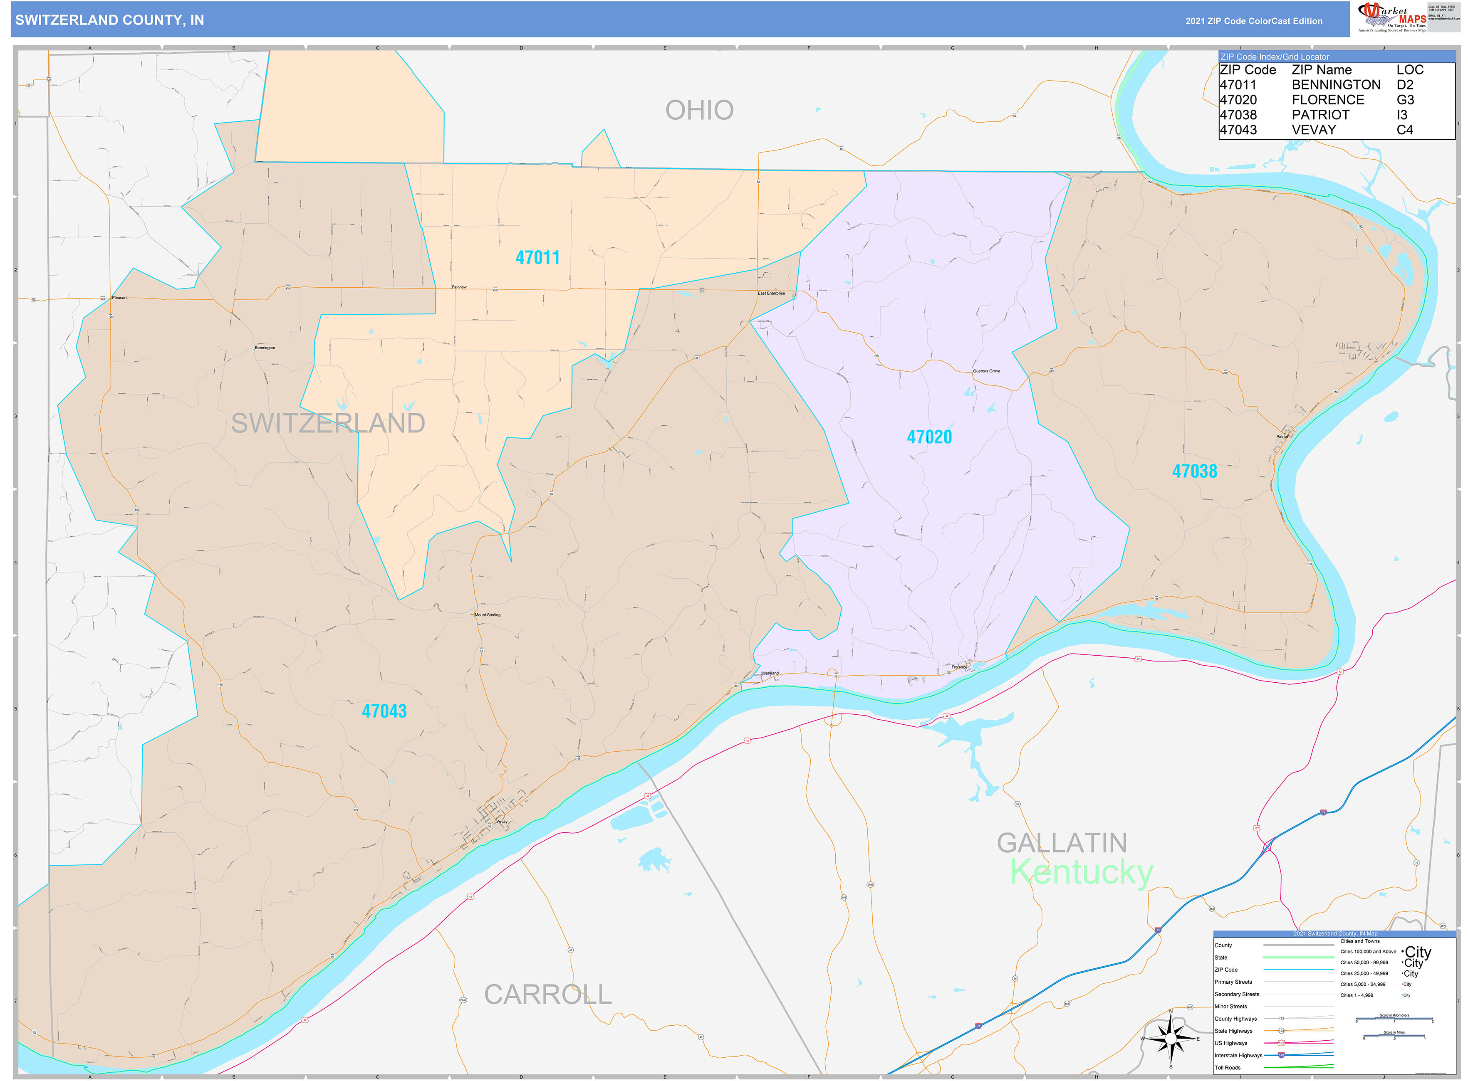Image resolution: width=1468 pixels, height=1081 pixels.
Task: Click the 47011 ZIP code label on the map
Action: [x=537, y=258]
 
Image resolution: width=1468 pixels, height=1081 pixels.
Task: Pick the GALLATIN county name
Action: [x=1062, y=843]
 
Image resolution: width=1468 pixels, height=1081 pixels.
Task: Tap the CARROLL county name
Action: [x=547, y=995]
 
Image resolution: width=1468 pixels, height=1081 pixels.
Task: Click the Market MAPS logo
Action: [x=1391, y=17]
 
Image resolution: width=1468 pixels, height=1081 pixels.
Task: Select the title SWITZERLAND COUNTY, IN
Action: [x=109, y=20]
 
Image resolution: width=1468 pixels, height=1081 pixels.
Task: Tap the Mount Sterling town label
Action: [x=488, y=615]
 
